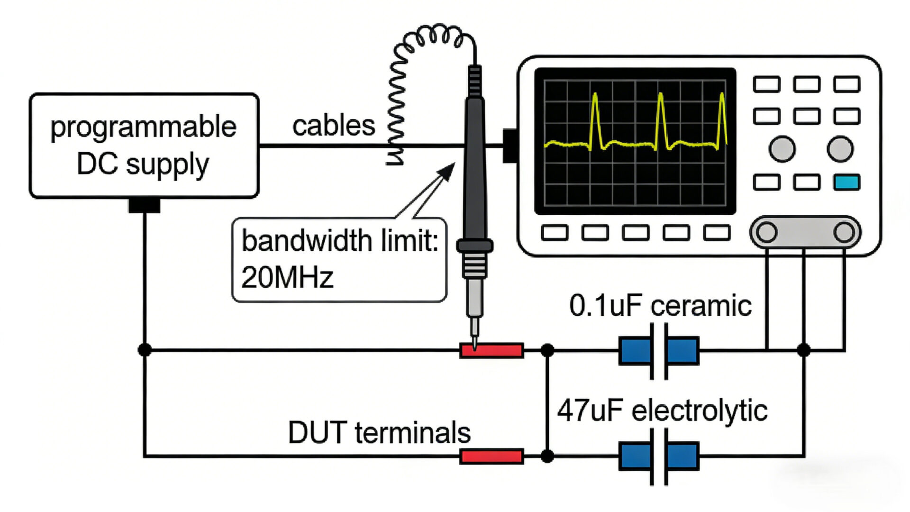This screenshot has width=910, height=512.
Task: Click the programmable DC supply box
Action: click(144, 146)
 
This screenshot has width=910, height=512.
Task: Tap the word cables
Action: click(334, 126)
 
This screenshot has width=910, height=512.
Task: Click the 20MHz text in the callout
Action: click(287, 277)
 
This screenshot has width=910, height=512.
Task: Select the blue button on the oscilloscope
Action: click(846, 182)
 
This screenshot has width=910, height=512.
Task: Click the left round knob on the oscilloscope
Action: click(782, 149)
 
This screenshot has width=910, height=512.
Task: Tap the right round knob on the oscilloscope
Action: click(840, 149)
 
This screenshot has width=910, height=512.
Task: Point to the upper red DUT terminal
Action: click(492, 351)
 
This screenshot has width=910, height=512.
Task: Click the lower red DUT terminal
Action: click(492, 457)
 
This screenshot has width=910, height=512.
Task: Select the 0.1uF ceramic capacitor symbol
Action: click(659, 351)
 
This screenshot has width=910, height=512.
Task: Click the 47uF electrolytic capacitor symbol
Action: click(659, 457)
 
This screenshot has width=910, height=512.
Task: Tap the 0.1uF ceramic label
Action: click(660, 306)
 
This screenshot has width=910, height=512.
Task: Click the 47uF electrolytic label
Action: click(662, 411)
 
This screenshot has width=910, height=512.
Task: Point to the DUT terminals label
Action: click(379, 432)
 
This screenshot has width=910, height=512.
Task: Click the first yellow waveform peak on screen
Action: click(595, 97)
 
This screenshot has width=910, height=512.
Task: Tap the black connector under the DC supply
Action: click(144, 205)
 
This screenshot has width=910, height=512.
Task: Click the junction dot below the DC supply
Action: click(145, 350)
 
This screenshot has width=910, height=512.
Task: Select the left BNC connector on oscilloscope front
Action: click(766, 232)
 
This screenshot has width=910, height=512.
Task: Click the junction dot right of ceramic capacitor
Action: click(803, 350)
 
